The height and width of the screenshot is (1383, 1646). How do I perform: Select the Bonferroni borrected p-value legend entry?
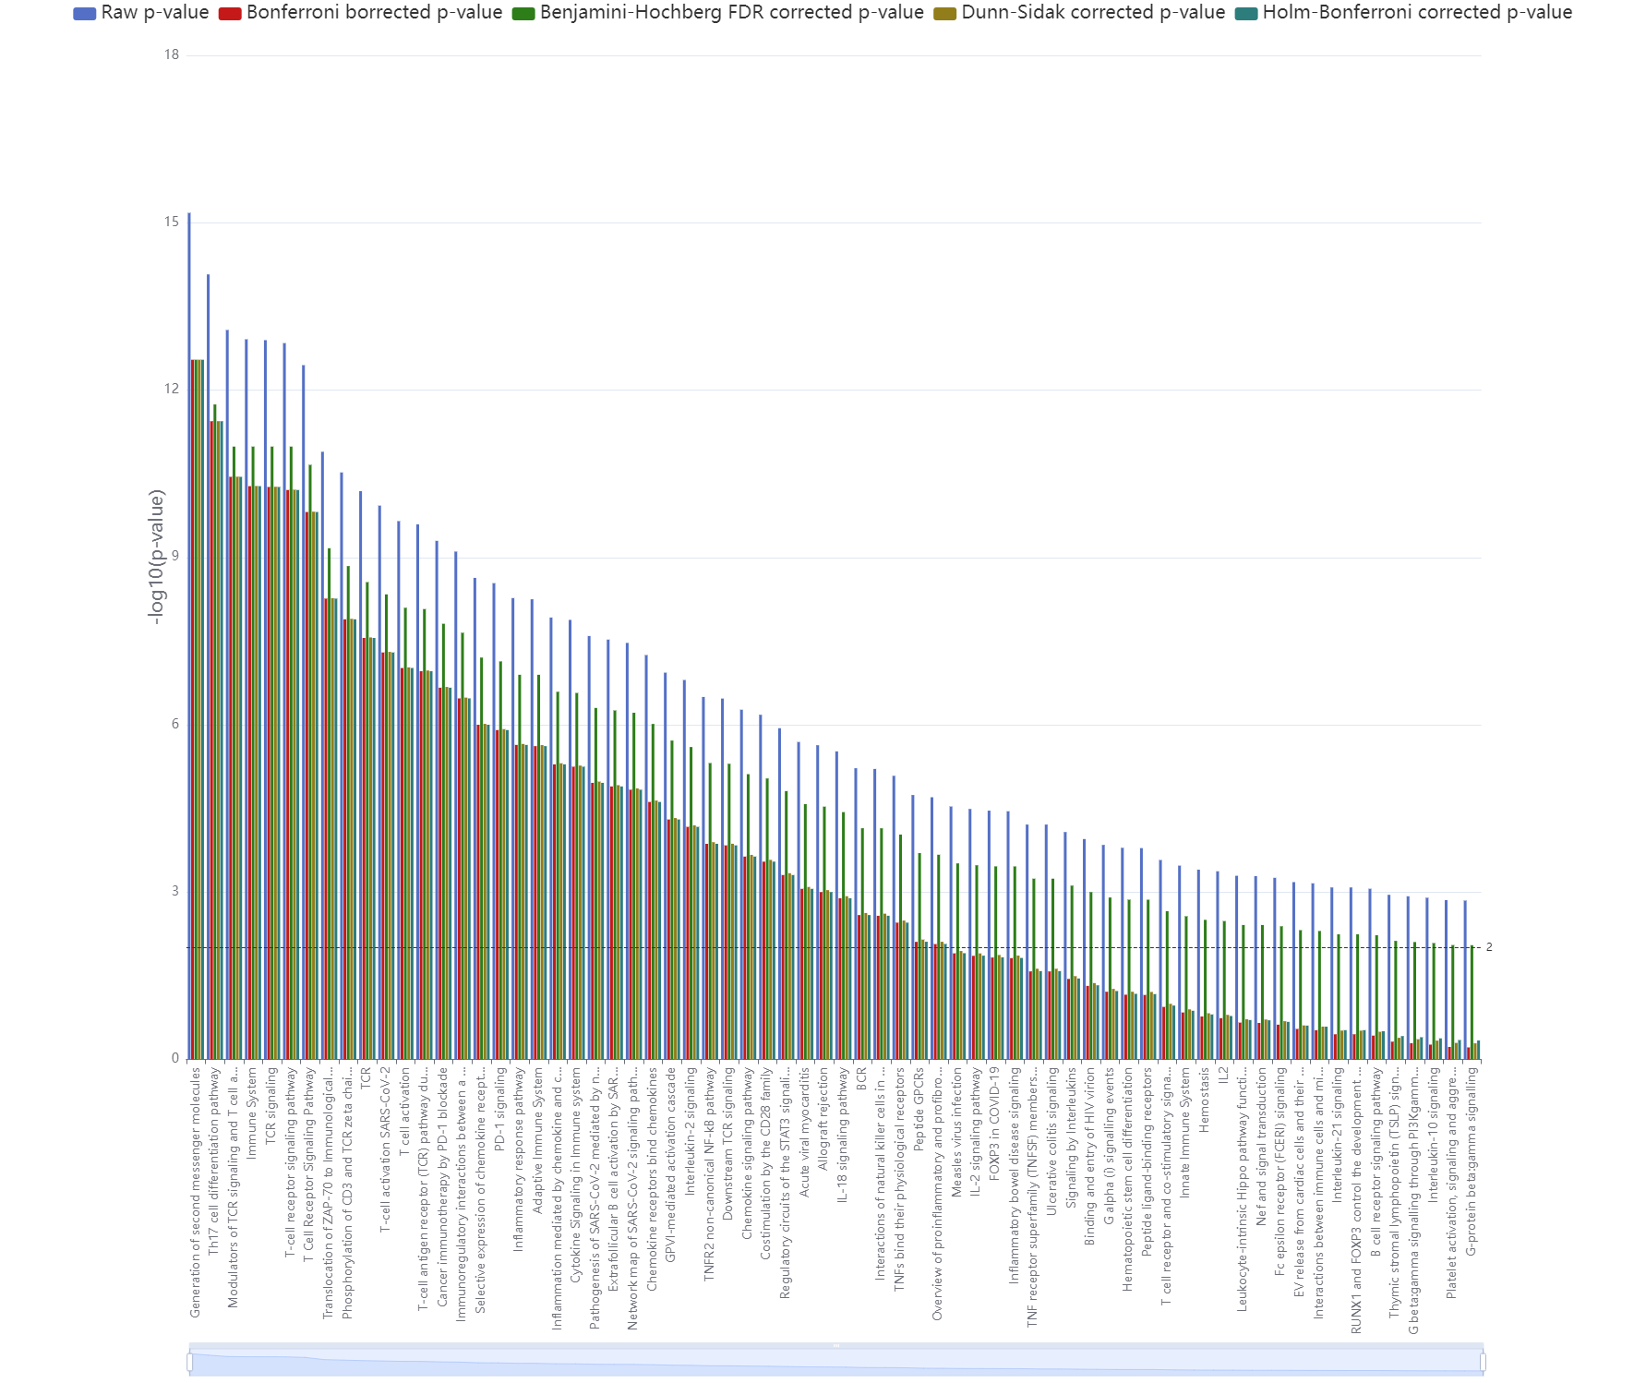[361, 13]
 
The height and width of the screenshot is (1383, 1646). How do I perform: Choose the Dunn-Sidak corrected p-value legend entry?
[1079, 13]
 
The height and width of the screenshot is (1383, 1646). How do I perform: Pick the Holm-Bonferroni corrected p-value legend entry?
[1404, 13]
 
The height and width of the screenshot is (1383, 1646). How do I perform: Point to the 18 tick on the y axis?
[172, 55]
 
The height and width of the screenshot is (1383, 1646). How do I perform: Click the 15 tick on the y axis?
[172, 222]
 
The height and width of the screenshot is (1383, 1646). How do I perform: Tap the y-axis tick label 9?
[174, 557]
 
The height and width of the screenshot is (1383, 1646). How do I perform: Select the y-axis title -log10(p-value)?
[157, 557]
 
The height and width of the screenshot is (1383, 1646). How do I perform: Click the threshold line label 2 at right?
[1489, 947]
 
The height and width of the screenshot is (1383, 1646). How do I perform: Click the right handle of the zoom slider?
[1483, 1362]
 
